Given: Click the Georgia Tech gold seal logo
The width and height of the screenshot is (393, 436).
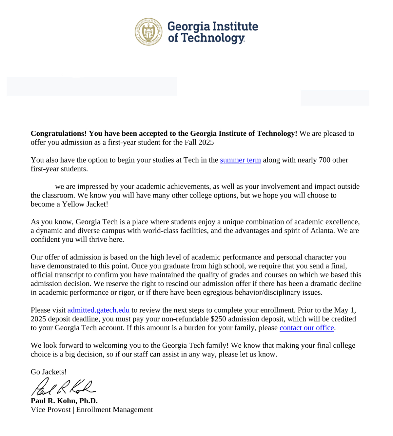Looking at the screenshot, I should tap(148, 32).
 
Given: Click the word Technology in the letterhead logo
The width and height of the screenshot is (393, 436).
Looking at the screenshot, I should tap(213, 38).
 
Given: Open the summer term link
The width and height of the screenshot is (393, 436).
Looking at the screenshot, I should tap(240, 160).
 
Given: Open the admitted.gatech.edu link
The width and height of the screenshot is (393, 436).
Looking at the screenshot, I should tap(98, 310).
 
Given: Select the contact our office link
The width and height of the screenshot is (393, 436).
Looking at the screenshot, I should tap(306, 328).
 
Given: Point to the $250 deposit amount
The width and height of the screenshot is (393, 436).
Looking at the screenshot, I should tap(218, 319).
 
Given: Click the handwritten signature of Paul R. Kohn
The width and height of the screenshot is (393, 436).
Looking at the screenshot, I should tap(62, 387).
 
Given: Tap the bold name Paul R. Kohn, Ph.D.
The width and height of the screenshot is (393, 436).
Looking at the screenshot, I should tap(64, 401).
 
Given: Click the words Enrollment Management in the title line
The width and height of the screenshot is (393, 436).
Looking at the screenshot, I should tap(114, 410).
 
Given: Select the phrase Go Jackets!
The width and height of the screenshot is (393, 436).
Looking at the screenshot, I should tap(49, 372).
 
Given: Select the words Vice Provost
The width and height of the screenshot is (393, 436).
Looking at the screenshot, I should tap(50, 410).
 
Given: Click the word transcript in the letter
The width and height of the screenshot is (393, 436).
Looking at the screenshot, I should tap(69, 275).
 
